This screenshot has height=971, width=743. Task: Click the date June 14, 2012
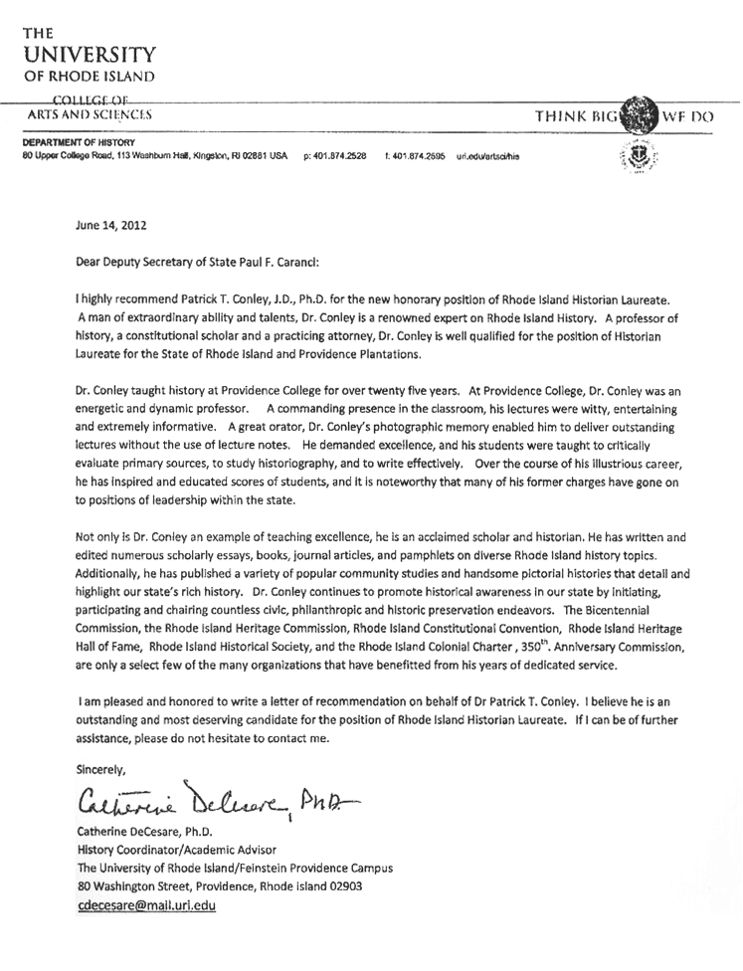tap(111, 225)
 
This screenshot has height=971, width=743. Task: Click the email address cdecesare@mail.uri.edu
tap(146, 905)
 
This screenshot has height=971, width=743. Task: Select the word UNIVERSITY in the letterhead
tap(91, 54)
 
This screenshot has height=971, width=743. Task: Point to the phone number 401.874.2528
tap(340, 157)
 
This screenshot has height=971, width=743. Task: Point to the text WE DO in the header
tap(688, 116)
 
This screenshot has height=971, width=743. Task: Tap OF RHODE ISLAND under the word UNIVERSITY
tap(91, 77)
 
